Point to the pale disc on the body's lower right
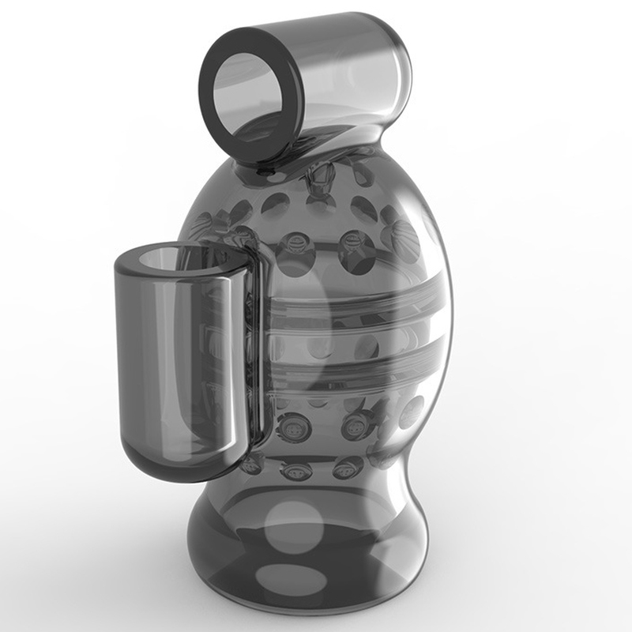(x=412, y=411)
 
